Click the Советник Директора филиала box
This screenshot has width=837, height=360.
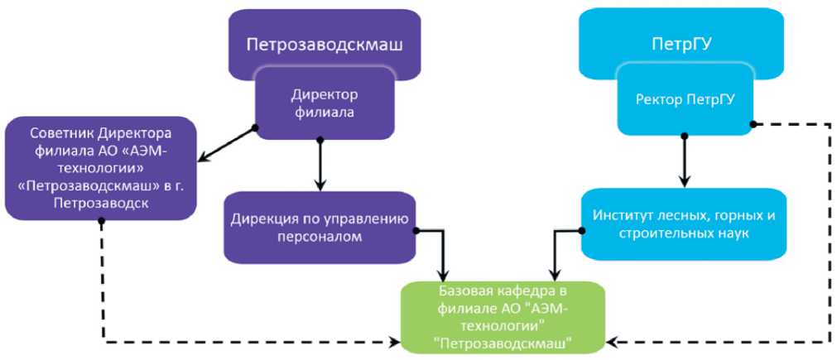point(100,169)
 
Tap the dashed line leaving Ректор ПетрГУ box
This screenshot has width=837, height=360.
point(829,232)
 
